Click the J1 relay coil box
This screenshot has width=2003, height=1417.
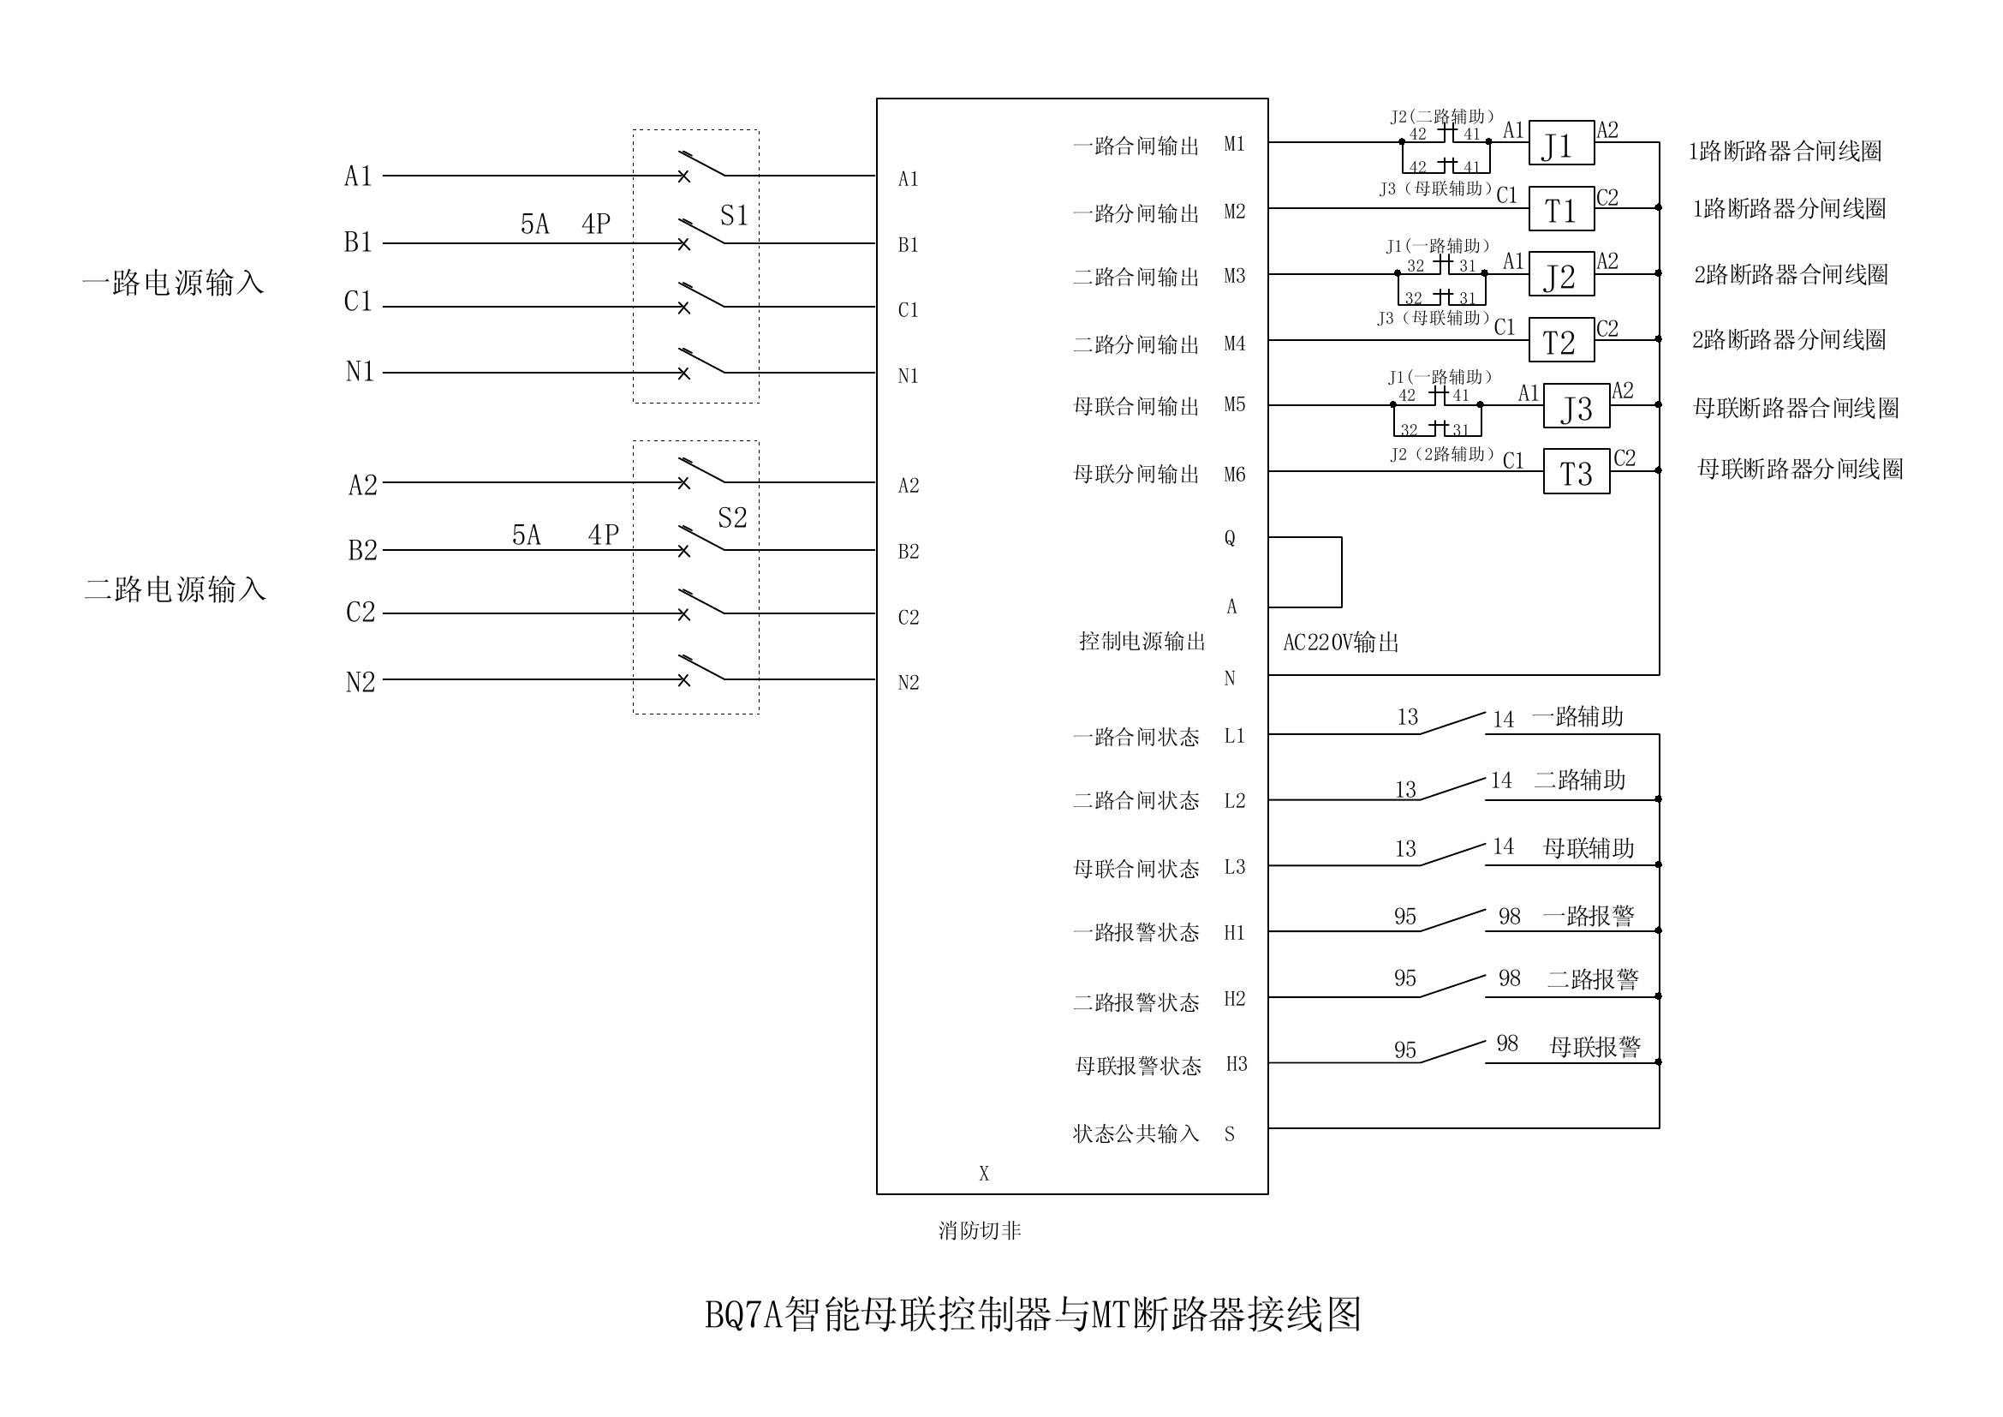tap(1561, 143)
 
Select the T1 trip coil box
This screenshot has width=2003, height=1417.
tap(1561, 209)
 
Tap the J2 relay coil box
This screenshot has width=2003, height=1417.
tap(1561, 275)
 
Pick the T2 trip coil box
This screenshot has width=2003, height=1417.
tap(1561, 340)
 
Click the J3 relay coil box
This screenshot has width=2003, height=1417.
tap(1576, 406)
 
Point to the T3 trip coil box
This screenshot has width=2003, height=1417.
tap(1576, 472)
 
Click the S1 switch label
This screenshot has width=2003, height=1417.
tap(734, 216)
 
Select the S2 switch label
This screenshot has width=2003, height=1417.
tap(732, 518)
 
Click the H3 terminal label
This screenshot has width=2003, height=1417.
tap(1237, 1064)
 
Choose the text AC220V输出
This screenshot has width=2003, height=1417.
tap(1341, 643)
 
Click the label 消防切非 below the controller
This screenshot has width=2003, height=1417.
tap(979, 1230)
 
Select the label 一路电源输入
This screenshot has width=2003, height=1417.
tap(173, 283)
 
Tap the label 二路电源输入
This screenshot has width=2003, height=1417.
tap(175, 589)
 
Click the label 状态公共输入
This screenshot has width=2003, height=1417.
tap(1136, 1133)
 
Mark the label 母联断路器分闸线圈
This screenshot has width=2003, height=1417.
tap(1799, 469)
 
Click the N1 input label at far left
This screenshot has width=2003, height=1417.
tap(360, 372)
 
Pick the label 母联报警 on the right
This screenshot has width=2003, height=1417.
tap(1594, 1046)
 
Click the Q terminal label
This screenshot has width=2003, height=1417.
tap(1229, 538)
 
